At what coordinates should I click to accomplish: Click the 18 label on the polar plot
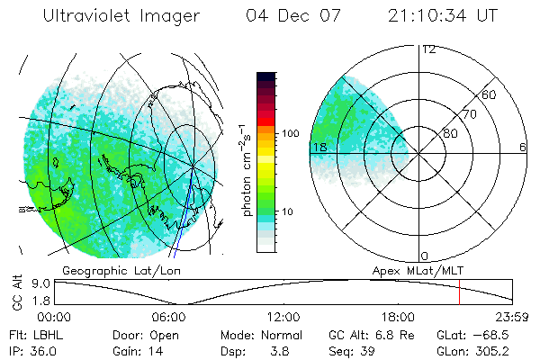(319, 147)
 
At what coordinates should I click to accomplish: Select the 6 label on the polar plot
(523, 147)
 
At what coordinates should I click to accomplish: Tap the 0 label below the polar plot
(425, 256)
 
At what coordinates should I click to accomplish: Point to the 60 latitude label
(490, 95)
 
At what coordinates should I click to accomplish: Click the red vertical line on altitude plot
(459, 292)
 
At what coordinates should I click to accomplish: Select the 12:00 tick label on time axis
(283, 318)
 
